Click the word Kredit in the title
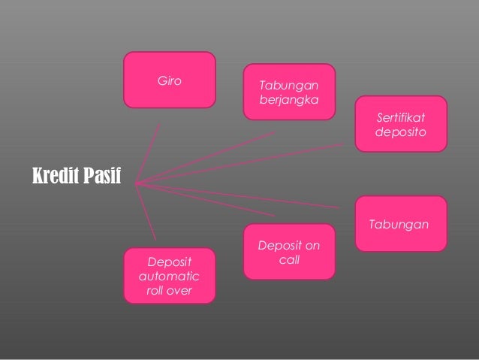click(x=56, y=177)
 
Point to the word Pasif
click(x=102, y=177)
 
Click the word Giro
click(x=169, y=80)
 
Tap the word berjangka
click(x=288, y=99)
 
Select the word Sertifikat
click(x=401, y=117)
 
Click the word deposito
click(x=401, y=132)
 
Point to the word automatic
click(x=169, y=277)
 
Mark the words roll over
click(x=169, y=291)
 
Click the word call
click(x=289, y=259)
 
